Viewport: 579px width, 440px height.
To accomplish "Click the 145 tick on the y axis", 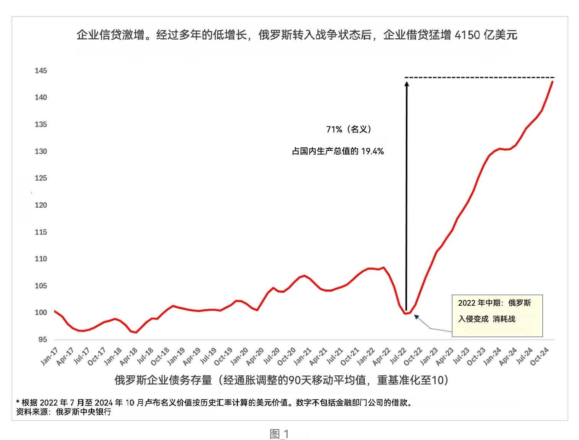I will click(41, 71).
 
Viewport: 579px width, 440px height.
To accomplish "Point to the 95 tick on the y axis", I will click(42, 339).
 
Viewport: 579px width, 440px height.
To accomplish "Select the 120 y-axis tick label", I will click(41, 205).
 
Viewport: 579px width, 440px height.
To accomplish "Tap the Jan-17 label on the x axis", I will click(49, 356).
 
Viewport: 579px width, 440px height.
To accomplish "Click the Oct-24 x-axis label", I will click(540, 356).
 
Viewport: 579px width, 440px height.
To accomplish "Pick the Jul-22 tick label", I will click(398, 356).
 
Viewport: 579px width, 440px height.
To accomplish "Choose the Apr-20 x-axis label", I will click(255, 356).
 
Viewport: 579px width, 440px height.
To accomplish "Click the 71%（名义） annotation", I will click(348, 129).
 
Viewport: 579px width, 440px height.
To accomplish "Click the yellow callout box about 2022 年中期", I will click(497, 316).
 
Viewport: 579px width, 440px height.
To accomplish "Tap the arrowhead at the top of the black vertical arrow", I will click(407, 83).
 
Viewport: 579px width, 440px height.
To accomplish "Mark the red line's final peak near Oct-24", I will click(552, 82).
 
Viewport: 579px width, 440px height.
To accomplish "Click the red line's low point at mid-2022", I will click(405, 314).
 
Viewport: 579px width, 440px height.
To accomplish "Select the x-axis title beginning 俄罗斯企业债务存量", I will click(281, 380).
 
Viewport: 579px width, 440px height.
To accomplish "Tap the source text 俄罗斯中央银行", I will click(83, 412).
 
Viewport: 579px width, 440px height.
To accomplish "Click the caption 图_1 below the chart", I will click(279, 434).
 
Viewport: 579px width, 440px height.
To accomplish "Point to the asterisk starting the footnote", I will click(18, 402).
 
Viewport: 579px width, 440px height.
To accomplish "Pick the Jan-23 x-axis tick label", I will click(429, 356).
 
